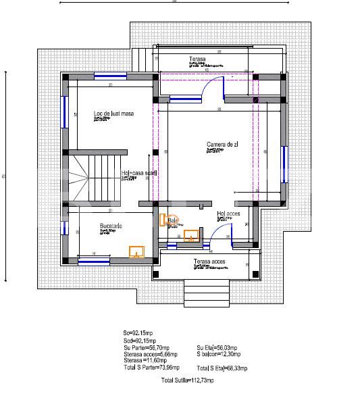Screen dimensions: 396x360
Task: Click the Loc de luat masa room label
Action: point(113,114)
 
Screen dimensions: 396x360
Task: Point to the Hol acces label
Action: point(228,214)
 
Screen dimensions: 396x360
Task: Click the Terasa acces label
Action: point(209,261)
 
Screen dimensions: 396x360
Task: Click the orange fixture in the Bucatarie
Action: point(137,252)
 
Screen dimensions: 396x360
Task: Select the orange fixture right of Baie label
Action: point(191,236)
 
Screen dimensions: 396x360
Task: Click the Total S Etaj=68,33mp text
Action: point(222,368)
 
